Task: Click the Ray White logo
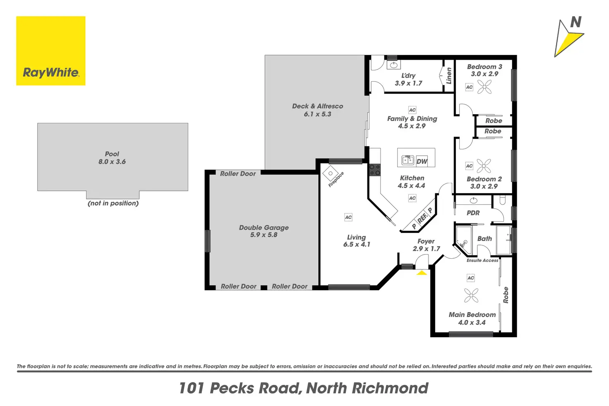point(50,51)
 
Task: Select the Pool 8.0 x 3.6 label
point(112,158)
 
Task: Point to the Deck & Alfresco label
point(317,106)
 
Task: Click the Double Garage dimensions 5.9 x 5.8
point(264,235)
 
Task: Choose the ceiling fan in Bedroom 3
point(484,86)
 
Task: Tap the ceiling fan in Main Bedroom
point(471,295)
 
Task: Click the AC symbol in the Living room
point(348,217)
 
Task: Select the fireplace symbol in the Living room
point(331,173)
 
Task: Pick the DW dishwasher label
point(422,161)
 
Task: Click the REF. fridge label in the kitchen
point(422,218)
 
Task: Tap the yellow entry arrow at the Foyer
point(422,273)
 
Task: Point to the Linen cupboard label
point(449,76)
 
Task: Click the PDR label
point(473,213)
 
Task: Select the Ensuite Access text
point(482,260)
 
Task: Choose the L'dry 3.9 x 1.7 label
point(408,79)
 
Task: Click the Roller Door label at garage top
point(238,174)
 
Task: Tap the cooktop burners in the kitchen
point(375,170)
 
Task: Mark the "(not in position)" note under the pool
point(113,203)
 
